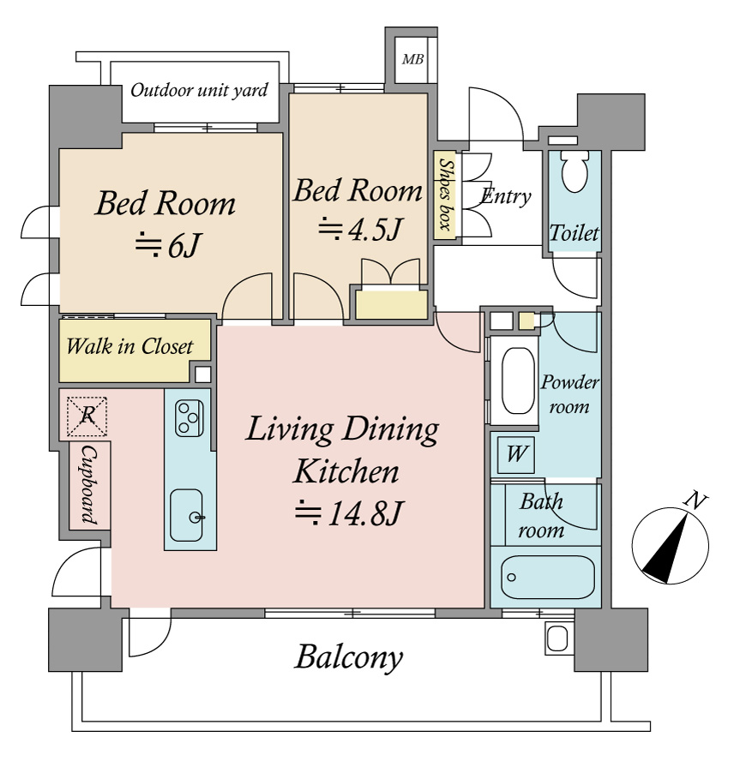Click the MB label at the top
[412, 59]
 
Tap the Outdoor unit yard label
[200, 90]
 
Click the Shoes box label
[445, 195]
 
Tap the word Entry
[506, 196]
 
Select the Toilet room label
[574, 233]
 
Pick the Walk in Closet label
[129, 347]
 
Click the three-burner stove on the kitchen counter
[189, 417]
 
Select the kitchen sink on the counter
[187, 514]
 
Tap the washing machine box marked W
[516, 454]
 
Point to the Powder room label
[569, 394]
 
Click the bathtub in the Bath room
[547, 578]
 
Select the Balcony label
[348, 658]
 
